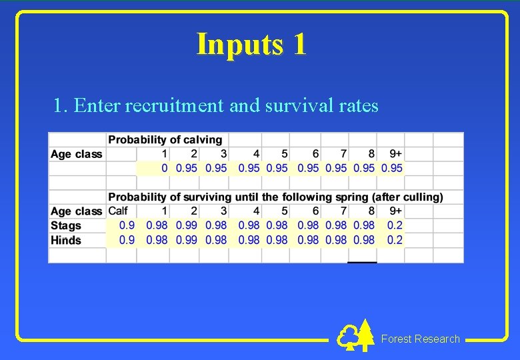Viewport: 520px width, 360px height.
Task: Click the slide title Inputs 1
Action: point(252,44)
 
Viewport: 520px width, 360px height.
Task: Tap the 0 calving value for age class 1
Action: point(164,168)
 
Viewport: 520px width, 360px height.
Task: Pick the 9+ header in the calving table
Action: point(395,154)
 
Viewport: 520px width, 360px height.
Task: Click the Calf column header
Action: point(118,211)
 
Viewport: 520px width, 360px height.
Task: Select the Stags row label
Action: point(66,225)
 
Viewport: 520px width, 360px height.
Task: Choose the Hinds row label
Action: point(66,240)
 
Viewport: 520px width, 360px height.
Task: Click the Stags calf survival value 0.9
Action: point(127,225)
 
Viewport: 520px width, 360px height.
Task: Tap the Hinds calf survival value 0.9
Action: point(127,240)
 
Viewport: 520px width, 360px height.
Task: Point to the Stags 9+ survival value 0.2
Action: point(395,225)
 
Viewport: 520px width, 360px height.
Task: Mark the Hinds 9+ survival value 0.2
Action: point(395,240)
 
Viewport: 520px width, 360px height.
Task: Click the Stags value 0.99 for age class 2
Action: point(186,225)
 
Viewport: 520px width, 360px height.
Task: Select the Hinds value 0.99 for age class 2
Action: point(186,240)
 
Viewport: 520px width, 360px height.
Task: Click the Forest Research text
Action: point(420,339)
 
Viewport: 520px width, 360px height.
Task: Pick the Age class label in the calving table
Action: point(76,154)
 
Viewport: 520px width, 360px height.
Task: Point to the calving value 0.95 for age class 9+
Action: point(391,168)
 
